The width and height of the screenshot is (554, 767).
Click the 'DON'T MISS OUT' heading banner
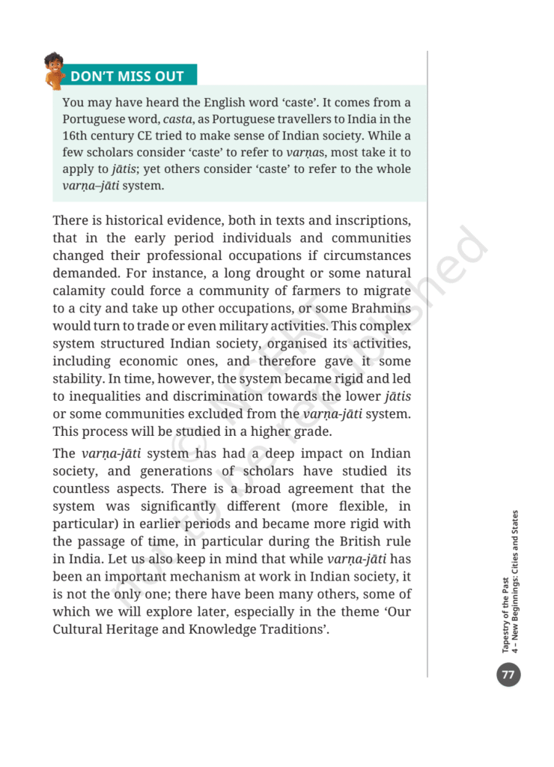tap(127, 76)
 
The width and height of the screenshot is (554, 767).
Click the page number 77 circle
tap(508, 674)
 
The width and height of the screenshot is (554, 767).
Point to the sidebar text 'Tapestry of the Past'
tap(507, 607)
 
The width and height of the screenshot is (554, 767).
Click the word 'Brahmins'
tap(380, 307)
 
